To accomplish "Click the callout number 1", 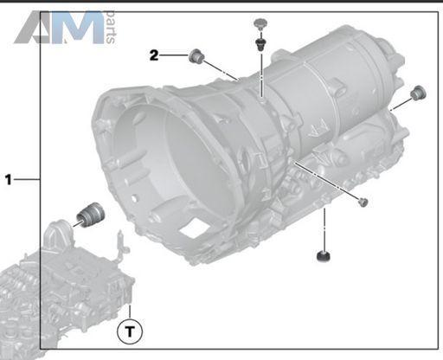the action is [9, 179].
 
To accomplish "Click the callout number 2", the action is [154, 55].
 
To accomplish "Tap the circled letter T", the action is [130, 331].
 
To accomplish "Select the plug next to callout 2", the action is [196, 56].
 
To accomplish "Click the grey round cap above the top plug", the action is [260, 24].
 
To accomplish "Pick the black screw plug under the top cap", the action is [261, 43].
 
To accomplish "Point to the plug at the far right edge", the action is [418, 93].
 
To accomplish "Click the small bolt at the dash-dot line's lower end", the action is [363, 202].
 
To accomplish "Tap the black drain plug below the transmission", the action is [324, 256].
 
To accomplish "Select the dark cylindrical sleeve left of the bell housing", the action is [90, 215].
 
